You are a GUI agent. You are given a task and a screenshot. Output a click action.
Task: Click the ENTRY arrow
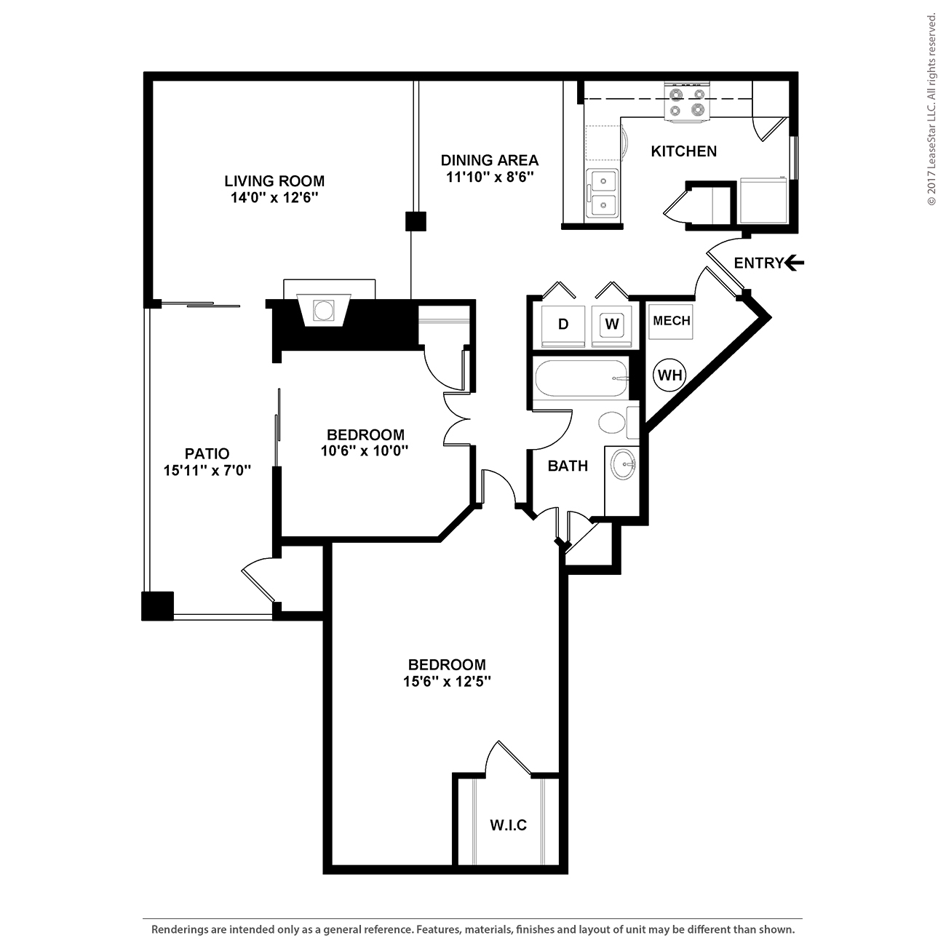794,263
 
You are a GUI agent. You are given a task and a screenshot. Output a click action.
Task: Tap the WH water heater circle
669,375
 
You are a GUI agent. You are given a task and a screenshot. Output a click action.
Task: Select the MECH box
671,322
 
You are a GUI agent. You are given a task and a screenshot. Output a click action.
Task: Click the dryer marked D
563,325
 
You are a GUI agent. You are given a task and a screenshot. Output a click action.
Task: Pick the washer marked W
611,325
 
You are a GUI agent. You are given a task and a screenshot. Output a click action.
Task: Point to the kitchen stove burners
687,102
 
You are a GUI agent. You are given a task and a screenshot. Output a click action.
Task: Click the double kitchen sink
603,194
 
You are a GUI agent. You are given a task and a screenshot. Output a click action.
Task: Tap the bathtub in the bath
581,378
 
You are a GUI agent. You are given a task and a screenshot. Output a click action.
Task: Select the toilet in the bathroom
618,422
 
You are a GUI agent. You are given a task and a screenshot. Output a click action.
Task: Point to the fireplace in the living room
324,310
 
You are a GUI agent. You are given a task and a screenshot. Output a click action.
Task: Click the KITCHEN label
683,151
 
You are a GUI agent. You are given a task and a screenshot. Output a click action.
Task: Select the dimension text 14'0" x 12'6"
274,198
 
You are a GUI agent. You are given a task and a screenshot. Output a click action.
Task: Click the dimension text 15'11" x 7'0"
207,470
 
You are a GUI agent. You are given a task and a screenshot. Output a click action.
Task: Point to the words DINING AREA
490,160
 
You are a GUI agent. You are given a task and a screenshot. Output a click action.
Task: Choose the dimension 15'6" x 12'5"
448,681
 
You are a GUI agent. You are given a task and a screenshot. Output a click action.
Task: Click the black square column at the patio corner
158,605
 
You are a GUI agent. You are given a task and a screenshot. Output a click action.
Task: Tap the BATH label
568,466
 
